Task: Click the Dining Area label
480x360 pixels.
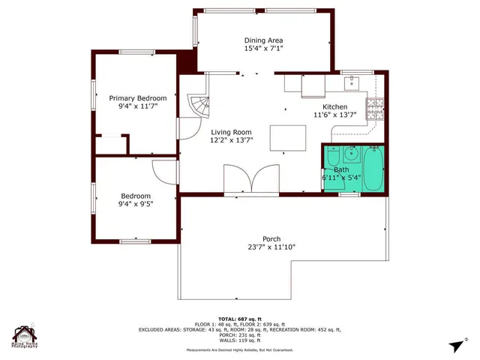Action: pyautogui.click(x=263, y=40)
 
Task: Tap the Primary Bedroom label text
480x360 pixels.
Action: pyautogui.click(x=137, y=98)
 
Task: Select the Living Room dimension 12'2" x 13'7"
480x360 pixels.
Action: pyautogui.click(x=232, y=140)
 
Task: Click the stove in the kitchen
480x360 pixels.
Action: pyautogui.click(x=375, y=109)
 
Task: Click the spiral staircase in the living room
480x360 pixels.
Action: pyautogui.click(x=199, y=106)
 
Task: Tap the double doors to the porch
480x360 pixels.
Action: pyautogui.click(x=251, y=180)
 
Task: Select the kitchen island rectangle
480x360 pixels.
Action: pyautogui.click(x=288, y=138)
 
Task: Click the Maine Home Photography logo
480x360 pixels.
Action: pyautogui.click(x=25, y=337)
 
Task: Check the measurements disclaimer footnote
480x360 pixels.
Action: pyautogui.click(x=240, y=349)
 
